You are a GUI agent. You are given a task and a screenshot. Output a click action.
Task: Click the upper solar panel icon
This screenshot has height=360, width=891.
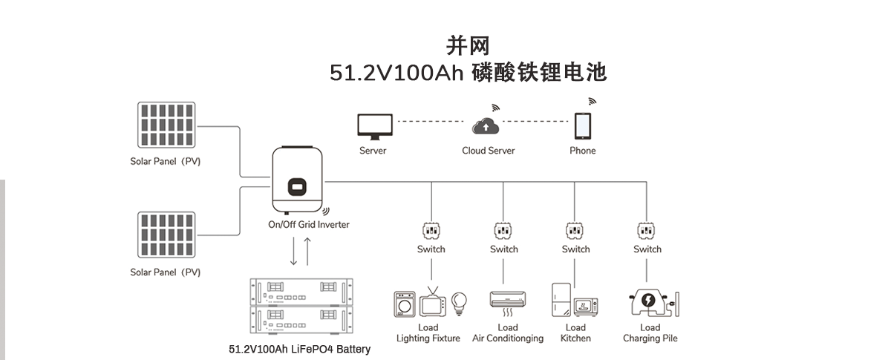[166, 124]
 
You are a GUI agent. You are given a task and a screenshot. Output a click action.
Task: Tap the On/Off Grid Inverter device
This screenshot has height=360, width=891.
[298, 179]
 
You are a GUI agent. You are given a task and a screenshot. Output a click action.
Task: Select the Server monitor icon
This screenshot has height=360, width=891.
[373, 127]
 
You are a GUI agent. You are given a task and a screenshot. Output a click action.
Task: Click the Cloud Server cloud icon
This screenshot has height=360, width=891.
[487, 127]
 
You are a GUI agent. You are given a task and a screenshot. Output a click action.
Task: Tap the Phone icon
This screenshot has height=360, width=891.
[583, 126]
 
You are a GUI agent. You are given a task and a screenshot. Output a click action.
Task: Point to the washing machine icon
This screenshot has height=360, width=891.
[405, 304]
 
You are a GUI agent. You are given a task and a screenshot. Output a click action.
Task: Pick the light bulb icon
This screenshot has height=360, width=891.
[460, 301]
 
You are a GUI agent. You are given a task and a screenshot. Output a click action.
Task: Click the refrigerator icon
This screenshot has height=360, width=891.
[561, 300]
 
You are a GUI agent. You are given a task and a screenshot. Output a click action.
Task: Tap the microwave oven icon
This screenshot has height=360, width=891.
[585, 307]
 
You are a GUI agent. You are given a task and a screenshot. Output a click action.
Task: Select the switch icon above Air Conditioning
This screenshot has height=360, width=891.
[503, 229]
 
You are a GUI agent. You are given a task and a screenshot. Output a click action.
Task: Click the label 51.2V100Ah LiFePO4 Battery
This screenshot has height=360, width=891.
[299, 349]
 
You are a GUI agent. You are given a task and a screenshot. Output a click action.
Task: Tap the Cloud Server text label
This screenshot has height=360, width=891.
[488, 151]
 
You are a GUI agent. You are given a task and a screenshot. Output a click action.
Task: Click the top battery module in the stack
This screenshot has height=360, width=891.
[298, 292]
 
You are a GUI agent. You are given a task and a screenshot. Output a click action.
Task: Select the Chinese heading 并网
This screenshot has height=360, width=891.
[468, 46]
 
